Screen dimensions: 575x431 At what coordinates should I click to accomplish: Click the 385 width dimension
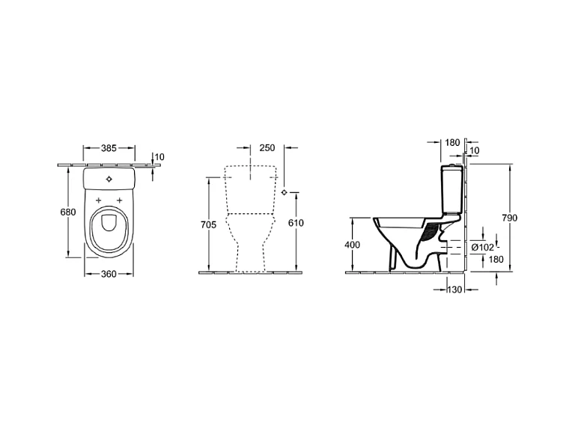pyautogui.click(x=109, y=148)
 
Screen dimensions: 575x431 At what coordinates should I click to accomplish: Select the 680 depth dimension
pyautogui.click(x=68, y=212)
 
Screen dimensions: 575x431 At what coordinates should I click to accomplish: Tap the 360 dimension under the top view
pyautogui.click(x=109, y=274)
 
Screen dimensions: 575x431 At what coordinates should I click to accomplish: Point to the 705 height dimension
pyautogui.click(x=208, y=224)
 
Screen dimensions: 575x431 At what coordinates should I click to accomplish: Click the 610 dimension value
pyautogui.click(x=296, y=223)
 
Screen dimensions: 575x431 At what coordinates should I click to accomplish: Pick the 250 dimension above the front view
pyautogui.click(x=267, y=147)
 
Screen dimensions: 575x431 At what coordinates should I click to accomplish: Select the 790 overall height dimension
pyautogui.click(x=510, y=218)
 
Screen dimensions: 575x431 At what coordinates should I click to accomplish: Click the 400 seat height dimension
pyautogui.click(x=353, y=245)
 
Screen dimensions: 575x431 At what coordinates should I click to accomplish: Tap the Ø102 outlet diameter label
pyautogui.click(x=483, y=248)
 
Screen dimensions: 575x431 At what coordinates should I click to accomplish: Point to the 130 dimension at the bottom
pyautogui.click(x=454, y=290)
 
